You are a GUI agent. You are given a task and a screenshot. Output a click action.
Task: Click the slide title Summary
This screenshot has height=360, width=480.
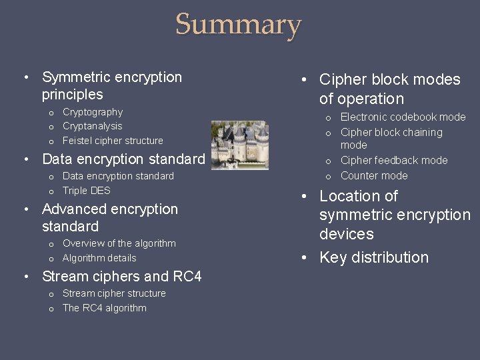(x=239, y=25)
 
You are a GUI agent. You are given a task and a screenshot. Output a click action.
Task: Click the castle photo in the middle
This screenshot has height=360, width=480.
(x=239, y=145)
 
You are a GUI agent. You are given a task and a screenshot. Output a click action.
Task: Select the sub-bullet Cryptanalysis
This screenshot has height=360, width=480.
(x=92, y=126)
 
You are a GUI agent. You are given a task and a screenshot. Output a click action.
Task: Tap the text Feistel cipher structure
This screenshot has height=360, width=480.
(x=113, y=141)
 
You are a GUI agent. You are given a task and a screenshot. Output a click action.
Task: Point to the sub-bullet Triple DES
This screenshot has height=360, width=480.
(x=86, y=191)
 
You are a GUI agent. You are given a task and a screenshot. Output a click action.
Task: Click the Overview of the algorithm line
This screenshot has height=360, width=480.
(x=119, y=243)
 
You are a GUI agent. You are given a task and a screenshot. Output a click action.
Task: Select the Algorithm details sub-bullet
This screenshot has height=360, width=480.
(x=99, y=258)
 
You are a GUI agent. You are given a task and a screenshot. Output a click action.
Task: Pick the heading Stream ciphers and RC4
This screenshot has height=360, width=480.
(x=121, y=276)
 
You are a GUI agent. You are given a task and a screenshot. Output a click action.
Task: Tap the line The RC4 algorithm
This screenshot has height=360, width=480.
(x=104, y=308)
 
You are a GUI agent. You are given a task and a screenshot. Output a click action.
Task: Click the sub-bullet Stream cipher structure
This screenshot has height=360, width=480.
(x=114, y=293)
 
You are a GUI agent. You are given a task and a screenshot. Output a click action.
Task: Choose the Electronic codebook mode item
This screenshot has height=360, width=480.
(x=403, y=117)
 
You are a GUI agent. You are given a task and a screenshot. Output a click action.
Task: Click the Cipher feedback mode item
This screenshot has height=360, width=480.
(x=394, y=161)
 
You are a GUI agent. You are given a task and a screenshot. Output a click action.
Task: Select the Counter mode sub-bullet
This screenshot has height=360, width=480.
(x=374, y=176)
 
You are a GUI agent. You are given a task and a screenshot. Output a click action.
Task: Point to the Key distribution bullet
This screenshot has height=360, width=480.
(x=374, y=257)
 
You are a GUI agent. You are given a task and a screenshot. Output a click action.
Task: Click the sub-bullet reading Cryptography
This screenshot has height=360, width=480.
(x=93, y=112)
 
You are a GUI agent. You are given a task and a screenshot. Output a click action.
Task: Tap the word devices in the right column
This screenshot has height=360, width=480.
(x=346, y=234)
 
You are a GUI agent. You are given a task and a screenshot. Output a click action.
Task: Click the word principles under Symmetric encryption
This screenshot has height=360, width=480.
(x=72, y=95)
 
